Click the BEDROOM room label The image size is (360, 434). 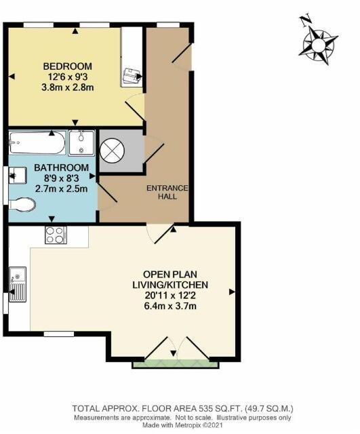click(x=67, y=66)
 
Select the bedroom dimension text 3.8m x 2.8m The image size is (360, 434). click(x=67, y=87)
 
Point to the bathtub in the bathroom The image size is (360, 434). click(x=38, y=144)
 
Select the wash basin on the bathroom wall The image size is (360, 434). click(x=14, y=177)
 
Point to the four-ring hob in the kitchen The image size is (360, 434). click(x=55, y=235)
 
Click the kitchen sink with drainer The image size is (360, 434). click(x=17, y=285)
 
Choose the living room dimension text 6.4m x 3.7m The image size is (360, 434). click(x=169, y=306)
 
